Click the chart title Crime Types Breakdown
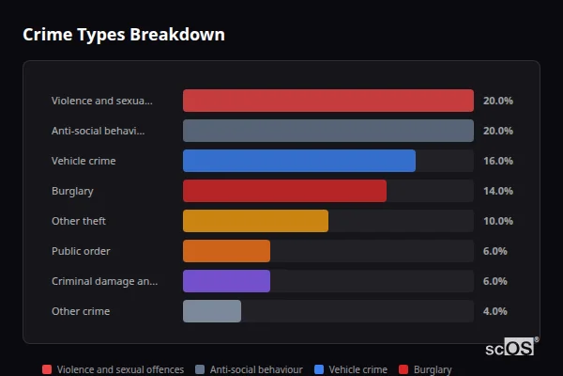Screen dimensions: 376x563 click(123, 35)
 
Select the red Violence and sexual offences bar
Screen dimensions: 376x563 click(327, 101)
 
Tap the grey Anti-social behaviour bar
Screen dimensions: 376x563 click(327, 131)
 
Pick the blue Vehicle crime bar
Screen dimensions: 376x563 click(298, 161)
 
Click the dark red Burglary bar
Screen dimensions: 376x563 click(284, 191)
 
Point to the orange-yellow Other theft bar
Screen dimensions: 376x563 click(255, 221)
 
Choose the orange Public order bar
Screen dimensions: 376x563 click(226, 251)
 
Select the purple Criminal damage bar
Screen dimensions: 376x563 click(226, 281)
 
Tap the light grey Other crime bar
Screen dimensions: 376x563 click(212, 311)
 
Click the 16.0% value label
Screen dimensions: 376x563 click(497, 161)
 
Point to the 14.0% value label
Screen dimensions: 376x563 click(497, 191)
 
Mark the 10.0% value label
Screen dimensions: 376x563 click(497, 221)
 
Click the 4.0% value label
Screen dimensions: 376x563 click(495, 311)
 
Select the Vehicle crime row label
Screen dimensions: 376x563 click(84, 161)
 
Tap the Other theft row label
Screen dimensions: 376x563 click(79, 221)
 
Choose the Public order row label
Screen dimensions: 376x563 click(81, 251)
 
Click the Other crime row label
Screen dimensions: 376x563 click(81, 311)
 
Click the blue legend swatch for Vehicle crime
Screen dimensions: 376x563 click(318, 370)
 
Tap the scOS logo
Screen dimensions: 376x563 click(511, 347)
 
